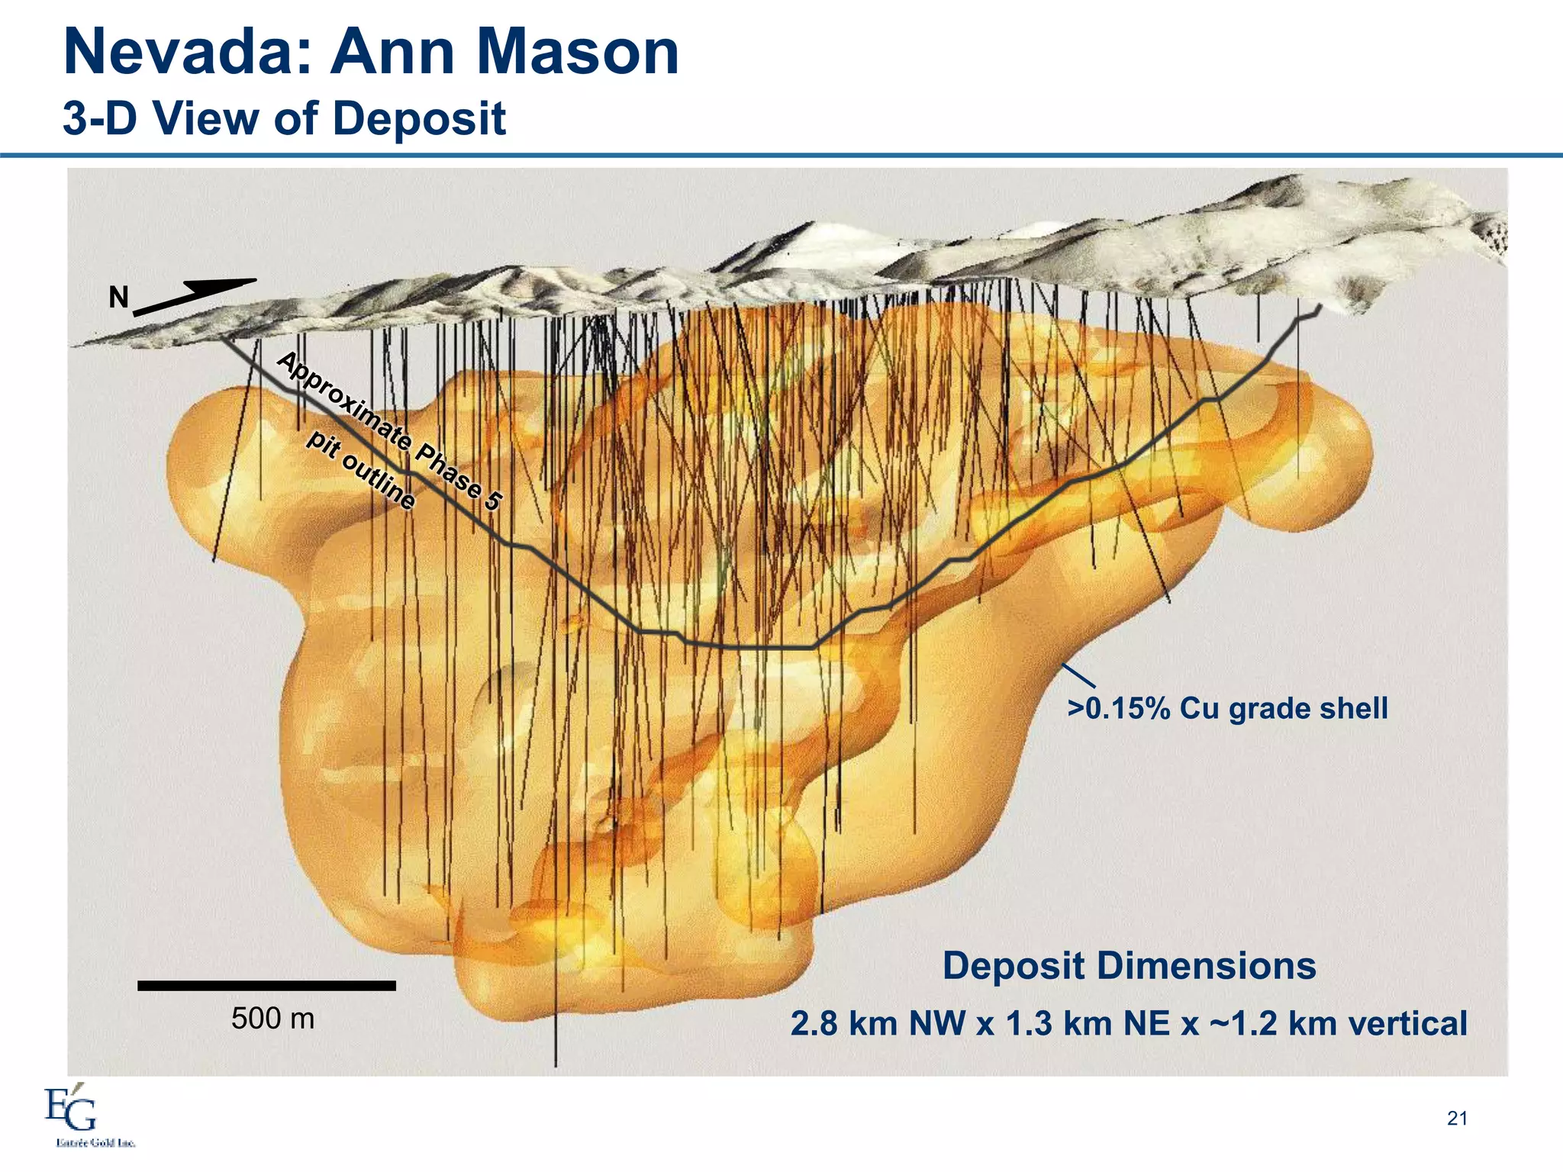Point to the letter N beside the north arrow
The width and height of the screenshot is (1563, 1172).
[x=118, y=298]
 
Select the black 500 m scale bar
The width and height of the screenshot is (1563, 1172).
[x=266, y=985]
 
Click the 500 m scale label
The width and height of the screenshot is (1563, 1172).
[x=272, y=1019]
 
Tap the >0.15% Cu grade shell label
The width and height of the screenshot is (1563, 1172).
[x=1227, y=708]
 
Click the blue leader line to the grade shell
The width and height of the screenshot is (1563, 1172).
[x=1079, y=677]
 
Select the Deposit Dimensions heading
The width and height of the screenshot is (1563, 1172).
[x=1129, y=965]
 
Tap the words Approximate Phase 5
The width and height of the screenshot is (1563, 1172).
[x=389, y=431]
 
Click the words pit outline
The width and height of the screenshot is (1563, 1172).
[x=361, y=470]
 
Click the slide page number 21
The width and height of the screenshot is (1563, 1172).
[x=1456, y=1119]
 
